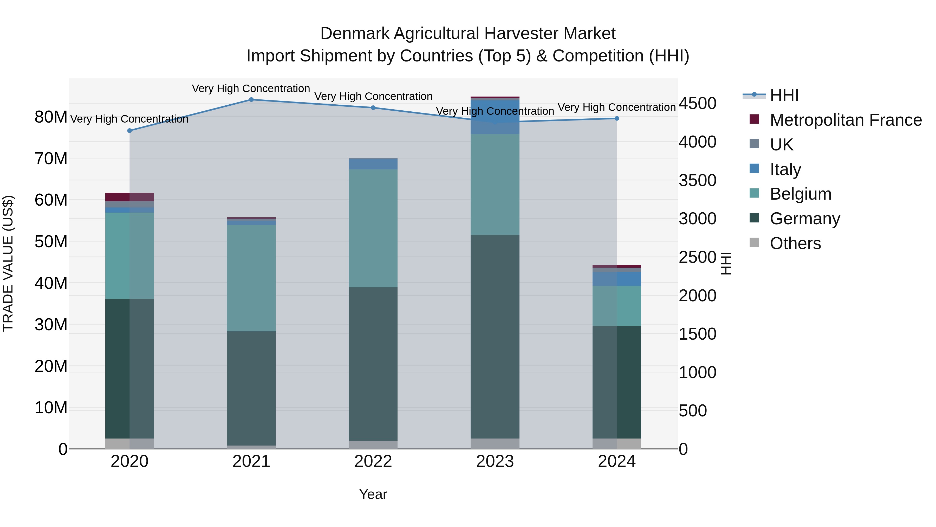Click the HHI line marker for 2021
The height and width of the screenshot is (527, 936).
tap(251, 100)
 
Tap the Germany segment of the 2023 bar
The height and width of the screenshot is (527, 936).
tap(495, 336)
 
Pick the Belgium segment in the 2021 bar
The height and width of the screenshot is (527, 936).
tap(251, 278)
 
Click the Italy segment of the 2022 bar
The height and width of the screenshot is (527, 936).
tap(373, 164)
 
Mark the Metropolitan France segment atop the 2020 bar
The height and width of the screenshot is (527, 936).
tap(129, 197)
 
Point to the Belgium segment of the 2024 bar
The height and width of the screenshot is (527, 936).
tap(617, 306)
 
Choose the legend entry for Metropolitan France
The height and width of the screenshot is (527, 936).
tap(846, 120)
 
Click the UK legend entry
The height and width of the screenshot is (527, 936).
tap(781, 145)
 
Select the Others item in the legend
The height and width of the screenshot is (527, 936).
tap(795, 243)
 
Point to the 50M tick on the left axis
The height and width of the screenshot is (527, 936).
tap(51, 242)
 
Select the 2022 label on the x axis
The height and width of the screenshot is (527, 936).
tap(373, 461)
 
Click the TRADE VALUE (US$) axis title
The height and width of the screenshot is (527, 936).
tap(8, 263)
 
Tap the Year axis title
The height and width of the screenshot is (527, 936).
tap(373, 494)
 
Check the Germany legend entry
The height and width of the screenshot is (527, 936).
tap(805, 219)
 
